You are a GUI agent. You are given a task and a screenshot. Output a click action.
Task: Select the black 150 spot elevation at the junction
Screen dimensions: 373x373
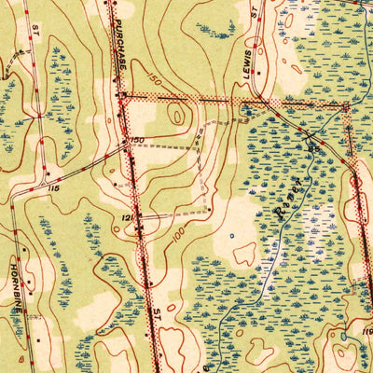point(137,140)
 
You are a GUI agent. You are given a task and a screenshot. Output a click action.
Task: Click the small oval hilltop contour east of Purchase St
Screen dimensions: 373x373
point(177,114)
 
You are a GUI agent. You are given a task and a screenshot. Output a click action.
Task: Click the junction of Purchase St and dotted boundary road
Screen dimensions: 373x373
point(122,95)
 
